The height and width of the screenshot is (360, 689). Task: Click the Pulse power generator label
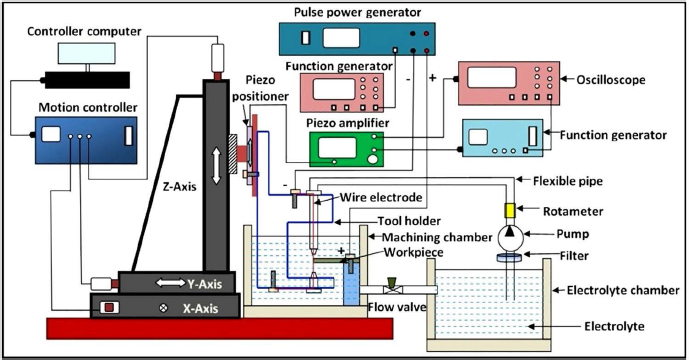[x=357, y=12]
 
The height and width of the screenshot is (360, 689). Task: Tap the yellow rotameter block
[x=510, y=211]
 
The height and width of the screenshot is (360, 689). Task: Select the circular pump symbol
[x=510, y=238]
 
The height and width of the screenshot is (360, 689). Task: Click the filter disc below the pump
[x=510, y=258]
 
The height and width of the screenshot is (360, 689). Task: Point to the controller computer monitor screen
[x=87, y=53]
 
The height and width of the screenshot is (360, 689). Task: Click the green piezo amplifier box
[x=347, y=149]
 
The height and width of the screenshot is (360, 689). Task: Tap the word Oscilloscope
[x=611, y=80]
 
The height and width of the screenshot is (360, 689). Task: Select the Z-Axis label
[x=179, y=186]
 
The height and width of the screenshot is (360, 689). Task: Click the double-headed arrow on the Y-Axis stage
[x=170, y=283]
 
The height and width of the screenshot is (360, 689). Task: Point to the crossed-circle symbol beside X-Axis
[x=163, y=308]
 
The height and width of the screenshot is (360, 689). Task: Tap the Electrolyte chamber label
[x=623, y=290]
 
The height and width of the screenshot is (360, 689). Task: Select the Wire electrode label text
[x=381, y=197]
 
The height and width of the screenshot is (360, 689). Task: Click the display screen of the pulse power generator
[x=341, y=38]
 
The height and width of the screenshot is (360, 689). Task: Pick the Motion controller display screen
[x=51, y=135]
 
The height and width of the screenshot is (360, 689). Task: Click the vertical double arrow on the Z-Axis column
[x=216, y=166]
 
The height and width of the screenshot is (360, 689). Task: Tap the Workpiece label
[x=413, y=252]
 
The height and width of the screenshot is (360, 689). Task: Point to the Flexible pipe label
[x=568, y=181]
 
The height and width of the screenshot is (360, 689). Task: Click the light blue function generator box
[x=502, y=138]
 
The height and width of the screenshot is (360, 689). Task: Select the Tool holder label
[x=409, y=221]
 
